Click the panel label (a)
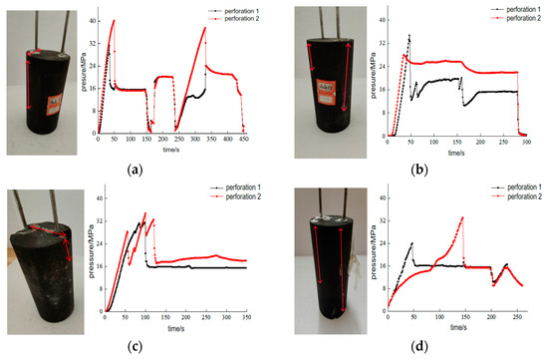133,171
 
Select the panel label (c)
133,348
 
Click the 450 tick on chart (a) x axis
244,141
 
